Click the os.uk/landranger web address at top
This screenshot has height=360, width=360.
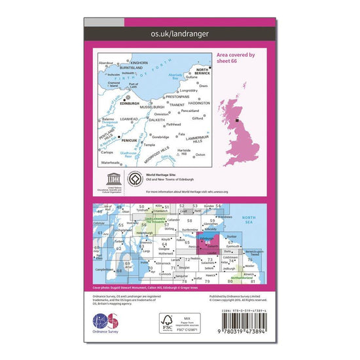coord(179,31)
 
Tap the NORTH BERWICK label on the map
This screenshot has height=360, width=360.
coord(202,72)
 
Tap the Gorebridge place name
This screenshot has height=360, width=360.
coord(160,137)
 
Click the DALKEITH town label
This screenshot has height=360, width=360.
coord(156,120)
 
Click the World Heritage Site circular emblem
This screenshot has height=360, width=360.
coord(134,178)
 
